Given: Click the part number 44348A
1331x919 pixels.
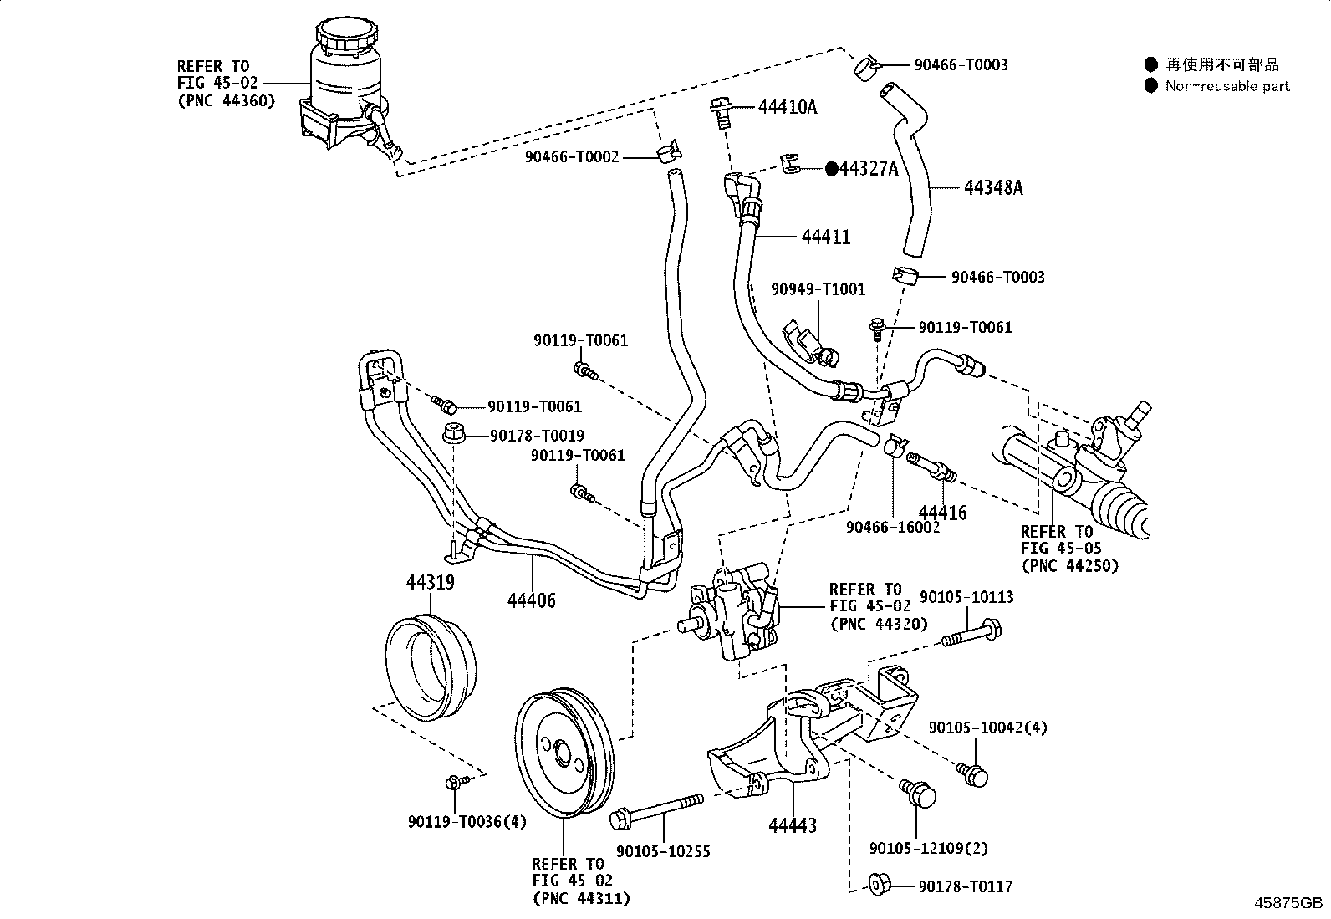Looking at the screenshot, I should [993, 187].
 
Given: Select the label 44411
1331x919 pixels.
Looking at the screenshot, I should [825, 237].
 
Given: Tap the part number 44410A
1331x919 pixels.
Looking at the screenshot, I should [788, 107].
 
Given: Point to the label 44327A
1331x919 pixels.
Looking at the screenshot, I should [869, 169].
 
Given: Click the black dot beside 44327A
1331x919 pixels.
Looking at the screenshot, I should [832, 169].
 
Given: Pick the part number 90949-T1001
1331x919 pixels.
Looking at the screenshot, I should [818, 290].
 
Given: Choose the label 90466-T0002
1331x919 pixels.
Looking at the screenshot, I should [572, 156].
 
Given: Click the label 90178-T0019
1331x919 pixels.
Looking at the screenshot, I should [537, 436].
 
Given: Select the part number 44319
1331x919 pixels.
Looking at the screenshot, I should [431, 582].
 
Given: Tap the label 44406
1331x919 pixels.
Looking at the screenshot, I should [532, 600].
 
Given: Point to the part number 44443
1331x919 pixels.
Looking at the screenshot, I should [793, 825].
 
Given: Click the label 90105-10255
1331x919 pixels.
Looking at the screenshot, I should [663, 851].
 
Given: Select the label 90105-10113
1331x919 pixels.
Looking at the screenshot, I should [966, 597].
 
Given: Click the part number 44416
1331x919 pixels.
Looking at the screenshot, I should [942, 513].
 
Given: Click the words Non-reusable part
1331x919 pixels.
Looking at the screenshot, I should [1227, 86].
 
